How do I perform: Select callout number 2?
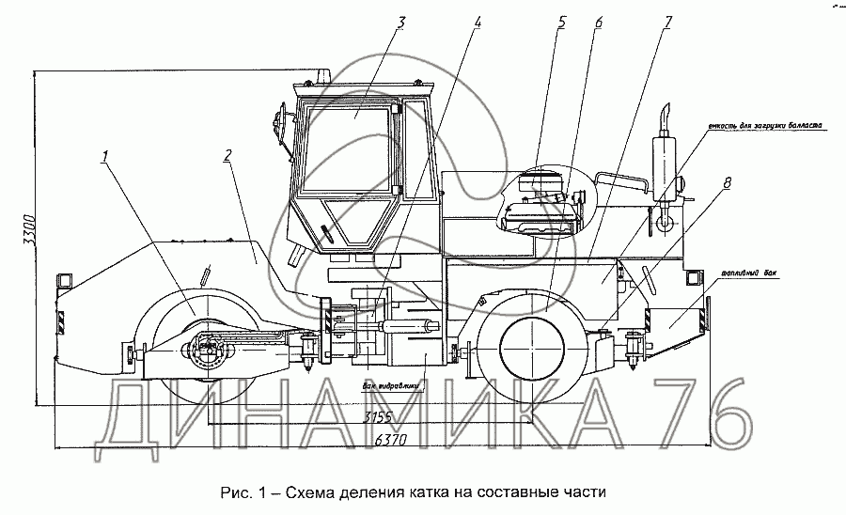tap(228, 156)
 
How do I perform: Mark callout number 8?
tap(727, 184)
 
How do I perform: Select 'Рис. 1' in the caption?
tap(241, 492)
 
